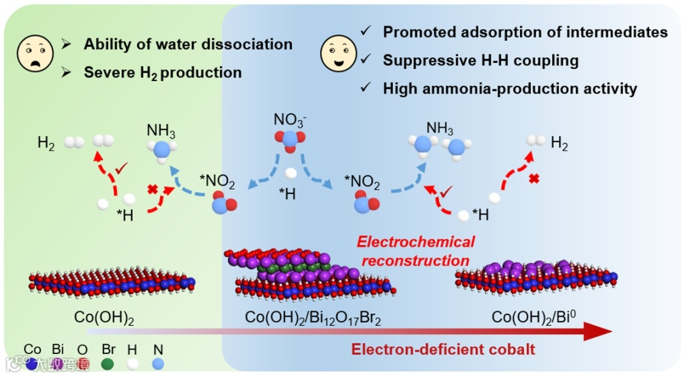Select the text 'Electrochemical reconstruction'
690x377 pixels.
coord(416,251)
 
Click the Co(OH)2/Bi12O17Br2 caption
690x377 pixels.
coord(312,318)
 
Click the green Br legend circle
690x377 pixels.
coord(107,364)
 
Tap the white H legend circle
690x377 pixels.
coord(133,364)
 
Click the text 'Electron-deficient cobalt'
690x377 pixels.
coord(443,349)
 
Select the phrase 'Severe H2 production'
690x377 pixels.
coord(162,73)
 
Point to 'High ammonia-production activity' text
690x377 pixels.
coord(510,89)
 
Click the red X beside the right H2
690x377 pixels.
coord(534,179)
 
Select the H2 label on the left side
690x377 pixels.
coord(46,144)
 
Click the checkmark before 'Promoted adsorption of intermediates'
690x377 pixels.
coord(365,31)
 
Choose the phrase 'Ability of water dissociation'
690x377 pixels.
coord(188,45)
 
